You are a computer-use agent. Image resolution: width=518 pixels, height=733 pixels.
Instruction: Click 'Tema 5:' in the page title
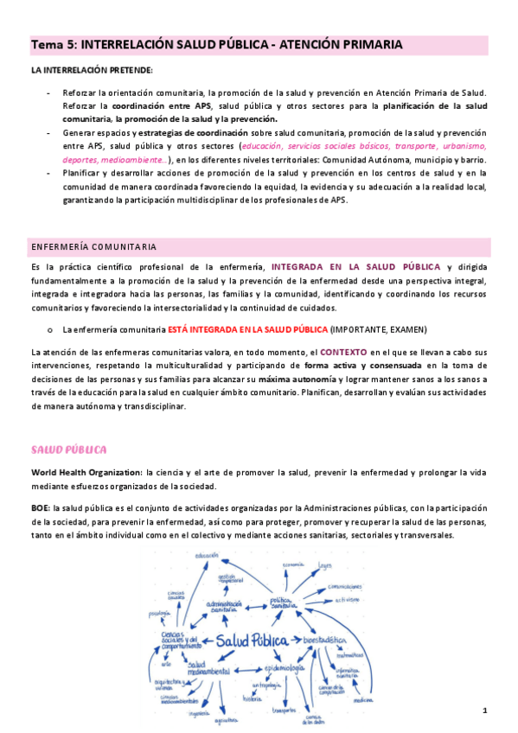pos(53,44)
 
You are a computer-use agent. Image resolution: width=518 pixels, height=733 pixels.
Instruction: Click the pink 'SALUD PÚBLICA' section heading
pos(68,450)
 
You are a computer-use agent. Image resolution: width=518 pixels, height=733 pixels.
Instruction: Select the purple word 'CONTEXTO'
pos(343,353)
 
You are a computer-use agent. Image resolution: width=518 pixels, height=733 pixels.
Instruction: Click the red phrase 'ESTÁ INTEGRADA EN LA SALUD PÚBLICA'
pos(248,330)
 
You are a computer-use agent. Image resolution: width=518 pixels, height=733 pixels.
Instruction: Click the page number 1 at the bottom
pos(485,711)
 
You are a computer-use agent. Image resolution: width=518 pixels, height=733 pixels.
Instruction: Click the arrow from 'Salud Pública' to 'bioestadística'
pos(298,641)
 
